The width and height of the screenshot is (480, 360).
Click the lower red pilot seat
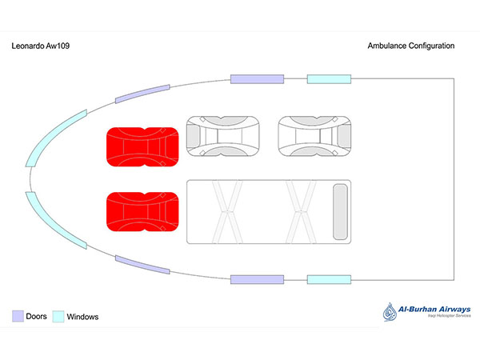[x=142, y=211]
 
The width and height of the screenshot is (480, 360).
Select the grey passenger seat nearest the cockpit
[x=223, y=136]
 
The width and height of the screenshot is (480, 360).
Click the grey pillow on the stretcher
[x=340, y=211]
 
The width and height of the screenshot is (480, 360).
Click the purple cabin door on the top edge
[x=258, y=78]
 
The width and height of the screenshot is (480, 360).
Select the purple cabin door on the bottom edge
[x=258, y=279]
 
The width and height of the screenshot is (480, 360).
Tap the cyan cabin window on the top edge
[x=330, y=78]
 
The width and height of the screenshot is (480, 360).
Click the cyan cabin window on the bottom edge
[x=330, y=279]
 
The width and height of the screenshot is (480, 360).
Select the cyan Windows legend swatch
[x=58, y=317]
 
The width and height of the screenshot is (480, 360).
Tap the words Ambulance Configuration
[x=410, y=46]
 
